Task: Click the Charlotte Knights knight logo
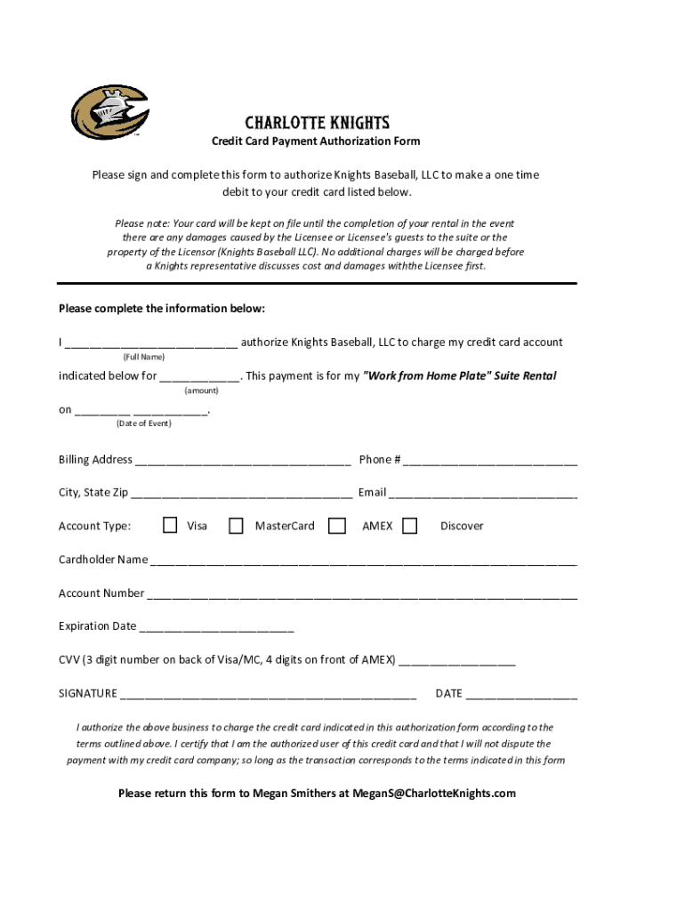(x=109, y=113)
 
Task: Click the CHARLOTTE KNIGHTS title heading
(x=317, y=123)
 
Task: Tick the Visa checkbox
(x=170, y=526)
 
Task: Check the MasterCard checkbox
(x=236, y=526)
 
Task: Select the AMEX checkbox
(x=337, y=526)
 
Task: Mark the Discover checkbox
(x=409, y=526)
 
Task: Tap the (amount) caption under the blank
(x=201, y=391)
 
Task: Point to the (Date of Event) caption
(x=143, y=423)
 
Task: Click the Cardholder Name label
(x=103, y=560)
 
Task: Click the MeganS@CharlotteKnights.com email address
(x=434, y=794)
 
